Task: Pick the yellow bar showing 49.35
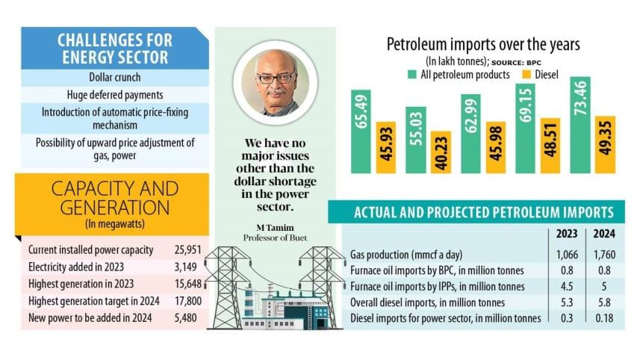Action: pyautogui.click(x=604, y=146)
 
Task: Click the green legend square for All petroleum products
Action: pyautogui.click(x=412, y=75)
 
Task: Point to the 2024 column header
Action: pyautogui.click(x=604, y=234)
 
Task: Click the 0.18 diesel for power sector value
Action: pyautogui.click(x=604, y=319)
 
